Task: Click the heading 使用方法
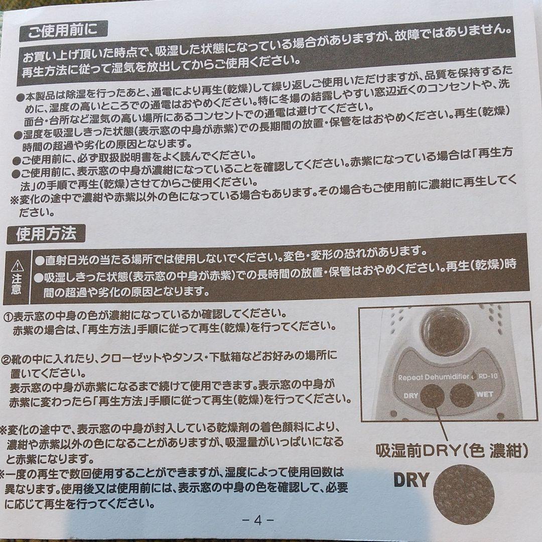click(x=46, y=234)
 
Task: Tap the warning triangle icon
click(x=17, y=264)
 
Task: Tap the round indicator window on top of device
click(x=445, y=331)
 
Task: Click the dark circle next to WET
click(x=461, y=395)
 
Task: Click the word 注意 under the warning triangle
click(x=17, y=285)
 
